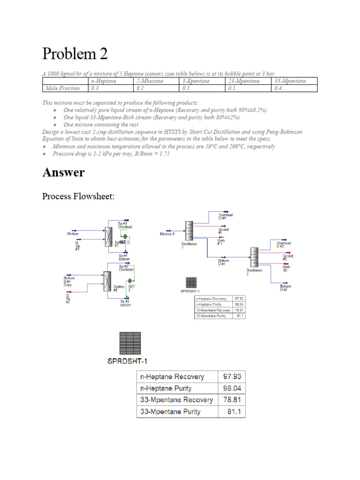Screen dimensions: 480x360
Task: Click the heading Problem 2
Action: pos(75,54)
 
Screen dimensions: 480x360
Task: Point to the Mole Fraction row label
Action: pos(62,88)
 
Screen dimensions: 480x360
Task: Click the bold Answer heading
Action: pos(63,172)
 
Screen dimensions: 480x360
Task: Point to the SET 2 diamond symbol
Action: pos(130,281)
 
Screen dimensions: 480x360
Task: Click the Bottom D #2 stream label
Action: pos(286,287)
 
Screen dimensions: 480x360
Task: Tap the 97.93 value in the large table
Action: pos(231,377)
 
